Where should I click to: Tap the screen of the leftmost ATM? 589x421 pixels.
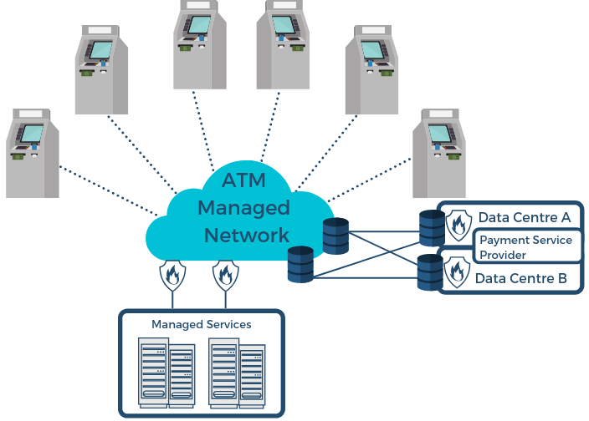(x=32, y=134)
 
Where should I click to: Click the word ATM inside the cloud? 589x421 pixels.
(x=243, y=180)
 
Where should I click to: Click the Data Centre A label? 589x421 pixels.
(x=525, y=217)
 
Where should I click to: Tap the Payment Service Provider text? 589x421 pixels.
(x=525, y=247)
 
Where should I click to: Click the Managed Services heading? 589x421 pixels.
(x=201, y=324)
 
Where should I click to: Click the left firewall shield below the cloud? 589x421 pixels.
(x=172, y=274)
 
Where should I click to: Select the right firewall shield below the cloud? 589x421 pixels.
(x=223, y=274)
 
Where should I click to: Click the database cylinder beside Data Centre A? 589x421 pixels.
(x=432, y=227)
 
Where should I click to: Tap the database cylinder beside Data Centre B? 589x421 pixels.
(x=430, y=272)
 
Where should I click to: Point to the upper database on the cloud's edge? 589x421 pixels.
(x=335, y=236)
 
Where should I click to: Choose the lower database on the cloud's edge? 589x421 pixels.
(x=300, y=264)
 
